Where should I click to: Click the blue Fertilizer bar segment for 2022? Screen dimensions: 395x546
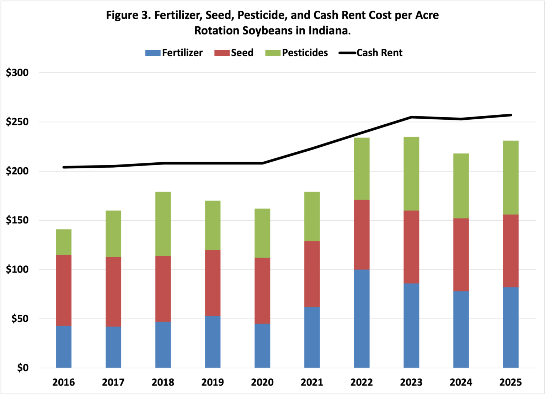[x=362, y=319]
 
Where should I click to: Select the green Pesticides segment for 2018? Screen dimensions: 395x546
[x=163, y=224]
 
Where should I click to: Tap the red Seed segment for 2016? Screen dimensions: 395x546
[x=64, y=290]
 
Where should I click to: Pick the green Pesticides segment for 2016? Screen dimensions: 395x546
[x=64, y=242]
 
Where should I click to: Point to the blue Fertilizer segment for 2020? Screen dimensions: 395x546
[x=262, y=346]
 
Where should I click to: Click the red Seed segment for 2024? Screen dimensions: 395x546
[x=461, y=255]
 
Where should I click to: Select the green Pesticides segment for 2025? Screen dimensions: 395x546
[x=510, y=178]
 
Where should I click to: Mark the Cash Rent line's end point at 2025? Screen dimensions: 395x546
[x=510, y=115]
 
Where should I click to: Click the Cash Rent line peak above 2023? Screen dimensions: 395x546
[x=411, y=117]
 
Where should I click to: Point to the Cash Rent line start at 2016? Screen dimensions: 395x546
[x=64, y=167]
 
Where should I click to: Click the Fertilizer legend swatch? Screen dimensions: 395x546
[x=153, y=53]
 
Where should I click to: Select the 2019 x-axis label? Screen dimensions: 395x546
[x=213, y=383]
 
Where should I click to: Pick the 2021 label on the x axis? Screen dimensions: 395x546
[x=312, y=383]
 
